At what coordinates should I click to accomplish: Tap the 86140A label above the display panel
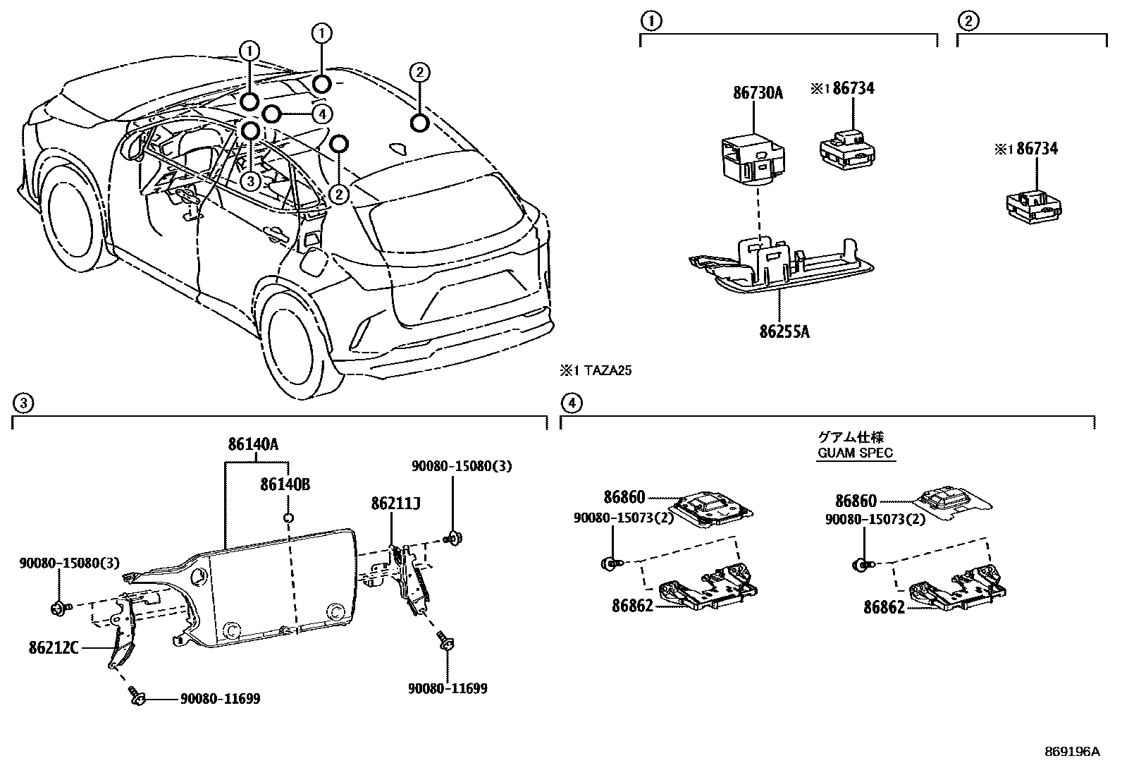coord(253,444)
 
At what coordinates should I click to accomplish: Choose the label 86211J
coord(396,504)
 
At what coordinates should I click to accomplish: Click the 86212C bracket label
coord(54,646)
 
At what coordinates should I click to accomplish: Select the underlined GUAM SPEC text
coord(855,453)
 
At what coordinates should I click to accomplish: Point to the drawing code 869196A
coord(1071,752)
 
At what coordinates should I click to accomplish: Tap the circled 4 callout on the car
coord(321,113)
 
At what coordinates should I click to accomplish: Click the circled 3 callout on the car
coord(250,181)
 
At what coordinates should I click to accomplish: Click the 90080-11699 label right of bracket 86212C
coord(220,699)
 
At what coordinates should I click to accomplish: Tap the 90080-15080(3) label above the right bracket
coord(462,466)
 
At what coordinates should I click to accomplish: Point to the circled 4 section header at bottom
coord(571,403)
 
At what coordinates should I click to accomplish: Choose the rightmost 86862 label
coord(884,606)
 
